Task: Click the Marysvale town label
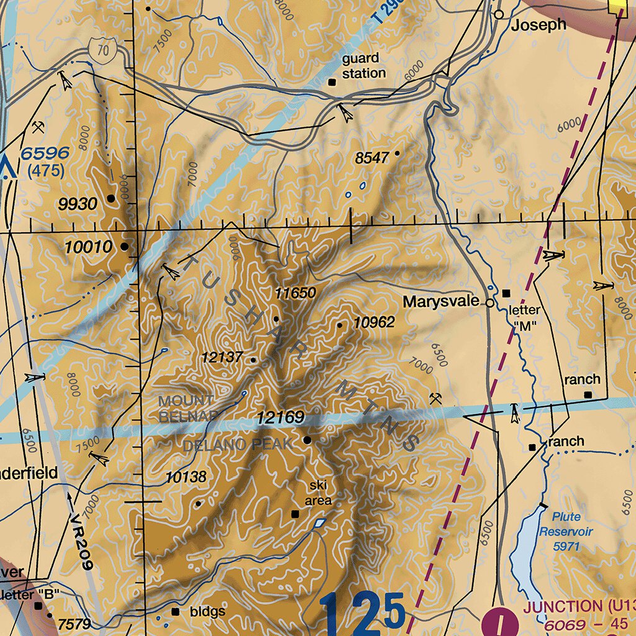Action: [x=440, y=302]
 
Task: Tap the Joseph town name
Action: [x=539, y=24]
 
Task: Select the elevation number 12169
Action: [x=281, y=417]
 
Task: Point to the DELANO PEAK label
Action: [x=237, y=445]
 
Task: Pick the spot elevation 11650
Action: [x=296, y=293]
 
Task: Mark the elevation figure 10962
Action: [x=374, y=322]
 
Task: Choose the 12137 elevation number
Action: [x=222, y=358]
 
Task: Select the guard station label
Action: [x=364, y=66]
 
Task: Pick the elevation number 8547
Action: [x=371, y=158]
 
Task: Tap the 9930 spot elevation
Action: [x=78, y=204]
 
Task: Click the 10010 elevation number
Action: [x=89, y=247]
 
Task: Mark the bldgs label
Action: [x=207, y=612]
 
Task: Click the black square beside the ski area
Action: [x=295, y=514]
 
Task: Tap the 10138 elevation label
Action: [x=186, y=477]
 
